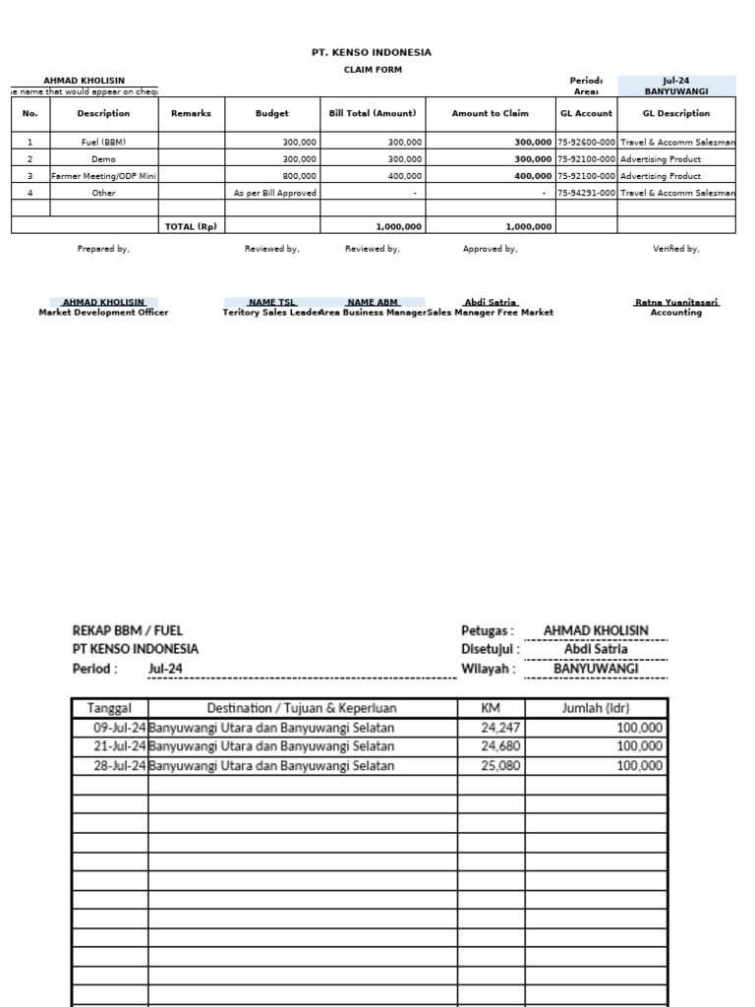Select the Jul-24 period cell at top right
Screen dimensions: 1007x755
(x=675, y=81)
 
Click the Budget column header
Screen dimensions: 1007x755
(x=272, y=113)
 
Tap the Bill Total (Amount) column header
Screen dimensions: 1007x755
(x=373, y=113)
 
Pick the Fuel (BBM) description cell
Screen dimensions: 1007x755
(x=103, y=142)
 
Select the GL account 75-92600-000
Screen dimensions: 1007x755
(x=586, y=142)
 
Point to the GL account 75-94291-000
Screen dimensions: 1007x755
(x=586, y=193)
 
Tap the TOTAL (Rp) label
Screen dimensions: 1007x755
(x=191, y=226)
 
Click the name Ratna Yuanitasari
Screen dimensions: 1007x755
(x=676, y=302)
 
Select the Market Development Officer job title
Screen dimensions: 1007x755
(x=103, y=312)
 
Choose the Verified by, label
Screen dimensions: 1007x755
(x=676, y=249)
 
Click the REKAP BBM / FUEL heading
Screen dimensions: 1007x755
(x=128, y=630)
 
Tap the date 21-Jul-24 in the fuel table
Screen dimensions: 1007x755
(x=119, y=746)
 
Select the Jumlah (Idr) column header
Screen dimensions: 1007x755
(x=596, y=707)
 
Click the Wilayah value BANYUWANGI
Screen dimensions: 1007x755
(x=596, y=669)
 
